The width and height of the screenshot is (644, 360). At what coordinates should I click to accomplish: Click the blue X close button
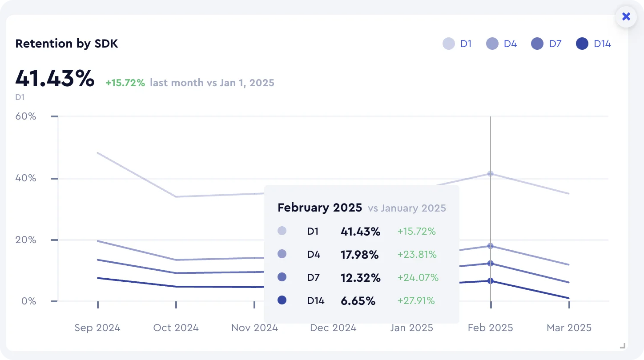tap(626, 17)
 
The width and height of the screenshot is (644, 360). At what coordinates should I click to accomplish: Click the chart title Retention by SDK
tap(67, 44)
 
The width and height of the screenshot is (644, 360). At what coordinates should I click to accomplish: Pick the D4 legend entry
tap(502, 44)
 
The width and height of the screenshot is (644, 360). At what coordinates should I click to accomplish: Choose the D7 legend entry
tap(547, 44)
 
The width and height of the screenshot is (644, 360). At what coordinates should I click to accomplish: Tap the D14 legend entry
tap(593, 44)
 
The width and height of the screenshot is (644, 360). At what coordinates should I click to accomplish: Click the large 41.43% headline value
tap(55, 79)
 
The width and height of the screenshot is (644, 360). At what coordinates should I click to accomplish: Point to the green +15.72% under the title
tap(125, 83)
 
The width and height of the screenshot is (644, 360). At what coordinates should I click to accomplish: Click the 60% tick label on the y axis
tap(26, 116)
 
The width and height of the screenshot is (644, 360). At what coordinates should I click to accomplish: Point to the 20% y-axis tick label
tap(26, 240)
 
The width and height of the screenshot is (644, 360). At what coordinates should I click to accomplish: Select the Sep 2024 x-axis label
tap(97, 328)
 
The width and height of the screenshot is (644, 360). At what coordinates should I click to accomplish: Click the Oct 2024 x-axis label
tap(176, 328)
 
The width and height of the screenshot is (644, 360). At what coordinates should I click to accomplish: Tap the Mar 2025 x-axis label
tap(569, 328)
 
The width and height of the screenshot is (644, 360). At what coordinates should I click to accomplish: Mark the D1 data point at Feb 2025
tap(491, 173)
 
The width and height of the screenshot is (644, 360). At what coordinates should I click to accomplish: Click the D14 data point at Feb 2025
tap(491, 281)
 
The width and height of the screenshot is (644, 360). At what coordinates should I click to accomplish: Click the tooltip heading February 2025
tap(320, 208)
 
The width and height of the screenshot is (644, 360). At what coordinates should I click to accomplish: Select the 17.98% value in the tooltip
tap(359, 255)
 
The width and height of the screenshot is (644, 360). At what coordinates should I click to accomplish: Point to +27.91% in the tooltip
tap(416, 301)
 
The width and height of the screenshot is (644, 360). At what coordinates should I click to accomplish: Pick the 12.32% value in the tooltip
tap(361, 278)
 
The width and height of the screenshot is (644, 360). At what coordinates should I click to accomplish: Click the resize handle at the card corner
tap(623, 346)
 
